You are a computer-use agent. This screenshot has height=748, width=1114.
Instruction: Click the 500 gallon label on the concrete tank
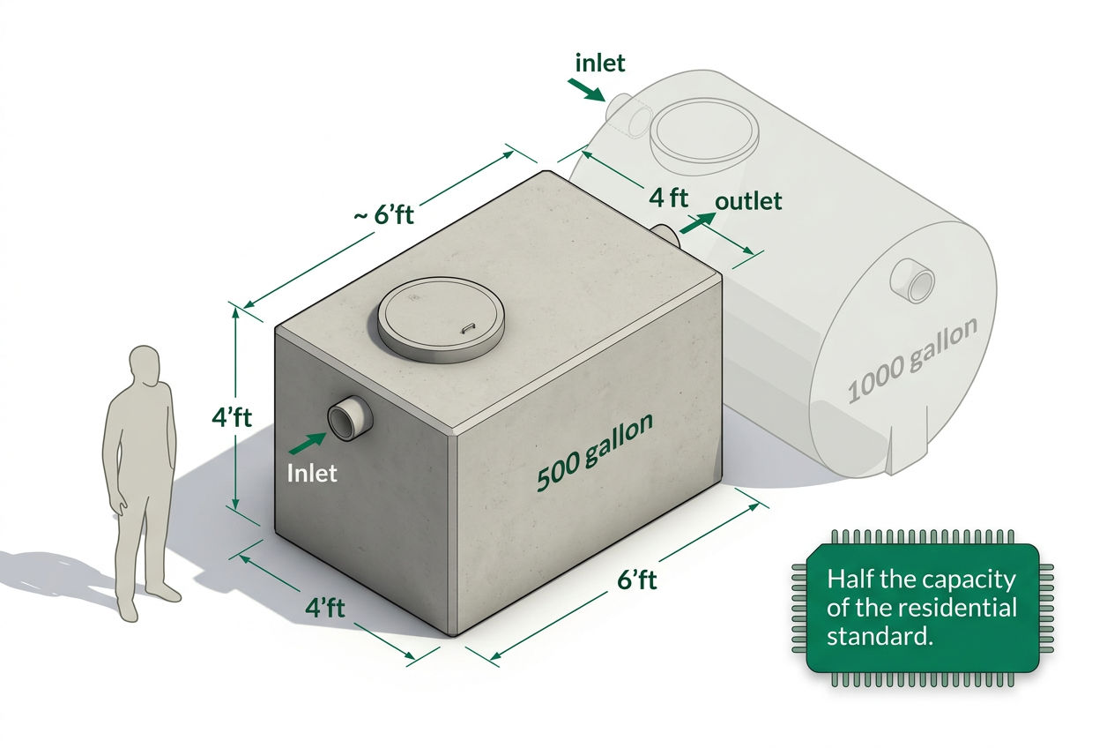click(595, 452)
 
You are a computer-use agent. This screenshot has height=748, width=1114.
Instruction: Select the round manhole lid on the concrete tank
click(441, 319)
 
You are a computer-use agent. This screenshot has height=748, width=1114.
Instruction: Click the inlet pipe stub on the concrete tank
click(350, 418)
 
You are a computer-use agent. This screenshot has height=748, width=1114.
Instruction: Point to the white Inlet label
click(312, 473)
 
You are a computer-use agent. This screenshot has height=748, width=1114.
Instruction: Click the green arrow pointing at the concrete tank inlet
click(308, 444)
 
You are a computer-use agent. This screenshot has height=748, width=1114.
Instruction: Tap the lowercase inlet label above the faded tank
click(600, 63)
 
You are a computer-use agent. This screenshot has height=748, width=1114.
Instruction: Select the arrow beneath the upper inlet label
click(587, 90)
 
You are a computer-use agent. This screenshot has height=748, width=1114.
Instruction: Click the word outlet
click(748, 201)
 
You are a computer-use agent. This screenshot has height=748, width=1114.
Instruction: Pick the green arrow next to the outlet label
click(697, 222)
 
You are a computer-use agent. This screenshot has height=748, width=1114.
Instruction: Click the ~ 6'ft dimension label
click(383, 215)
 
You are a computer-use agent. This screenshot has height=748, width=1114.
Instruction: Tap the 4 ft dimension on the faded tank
click(668, 198)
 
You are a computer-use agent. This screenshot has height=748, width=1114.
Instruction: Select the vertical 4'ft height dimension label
click(232, 417)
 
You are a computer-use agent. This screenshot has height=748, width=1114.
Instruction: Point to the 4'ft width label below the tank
click(324, 608)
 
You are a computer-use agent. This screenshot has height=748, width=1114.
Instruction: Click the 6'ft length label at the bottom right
click(636, 580)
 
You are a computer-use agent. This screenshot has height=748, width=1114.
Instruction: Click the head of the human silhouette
click(145, 365)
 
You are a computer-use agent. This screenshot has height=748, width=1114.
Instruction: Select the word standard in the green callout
click(880, 637)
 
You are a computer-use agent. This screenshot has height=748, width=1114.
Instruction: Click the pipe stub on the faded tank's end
click(912, 280)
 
